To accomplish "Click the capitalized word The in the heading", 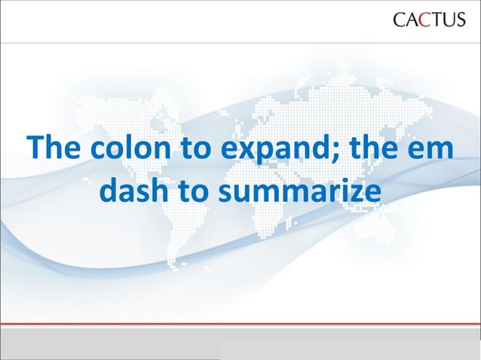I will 54,148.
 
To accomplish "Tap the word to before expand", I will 195,148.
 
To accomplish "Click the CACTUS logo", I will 429,20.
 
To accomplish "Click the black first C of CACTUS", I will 400,20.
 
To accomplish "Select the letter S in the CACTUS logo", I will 460,20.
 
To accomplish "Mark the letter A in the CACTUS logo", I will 412,20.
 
